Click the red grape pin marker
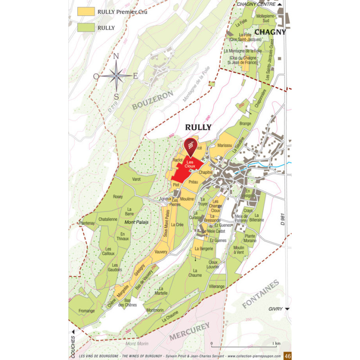[x=190, y=145]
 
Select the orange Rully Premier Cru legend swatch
[x=85, y=11]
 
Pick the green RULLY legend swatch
[x=85, y=27]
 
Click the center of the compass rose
[x=116, y=76]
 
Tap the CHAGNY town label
[x=270, y=32]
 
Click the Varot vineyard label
[x=136, y=179]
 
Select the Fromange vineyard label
[x=86, y=310]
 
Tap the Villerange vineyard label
[x=216, y=286]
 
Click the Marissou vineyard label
[x=224, y=146]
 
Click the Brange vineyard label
[x=245, y=123]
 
